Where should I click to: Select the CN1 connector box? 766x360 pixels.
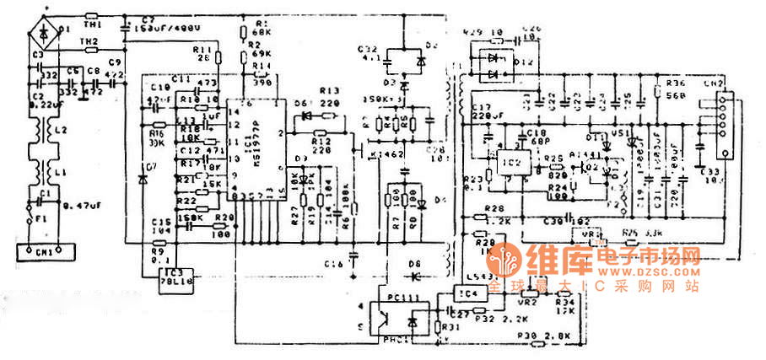tap(45, 251)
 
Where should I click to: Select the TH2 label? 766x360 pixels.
tap(89, 41)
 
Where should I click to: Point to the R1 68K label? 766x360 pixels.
tap(261, 27)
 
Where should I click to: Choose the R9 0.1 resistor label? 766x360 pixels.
tap(158, 255)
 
